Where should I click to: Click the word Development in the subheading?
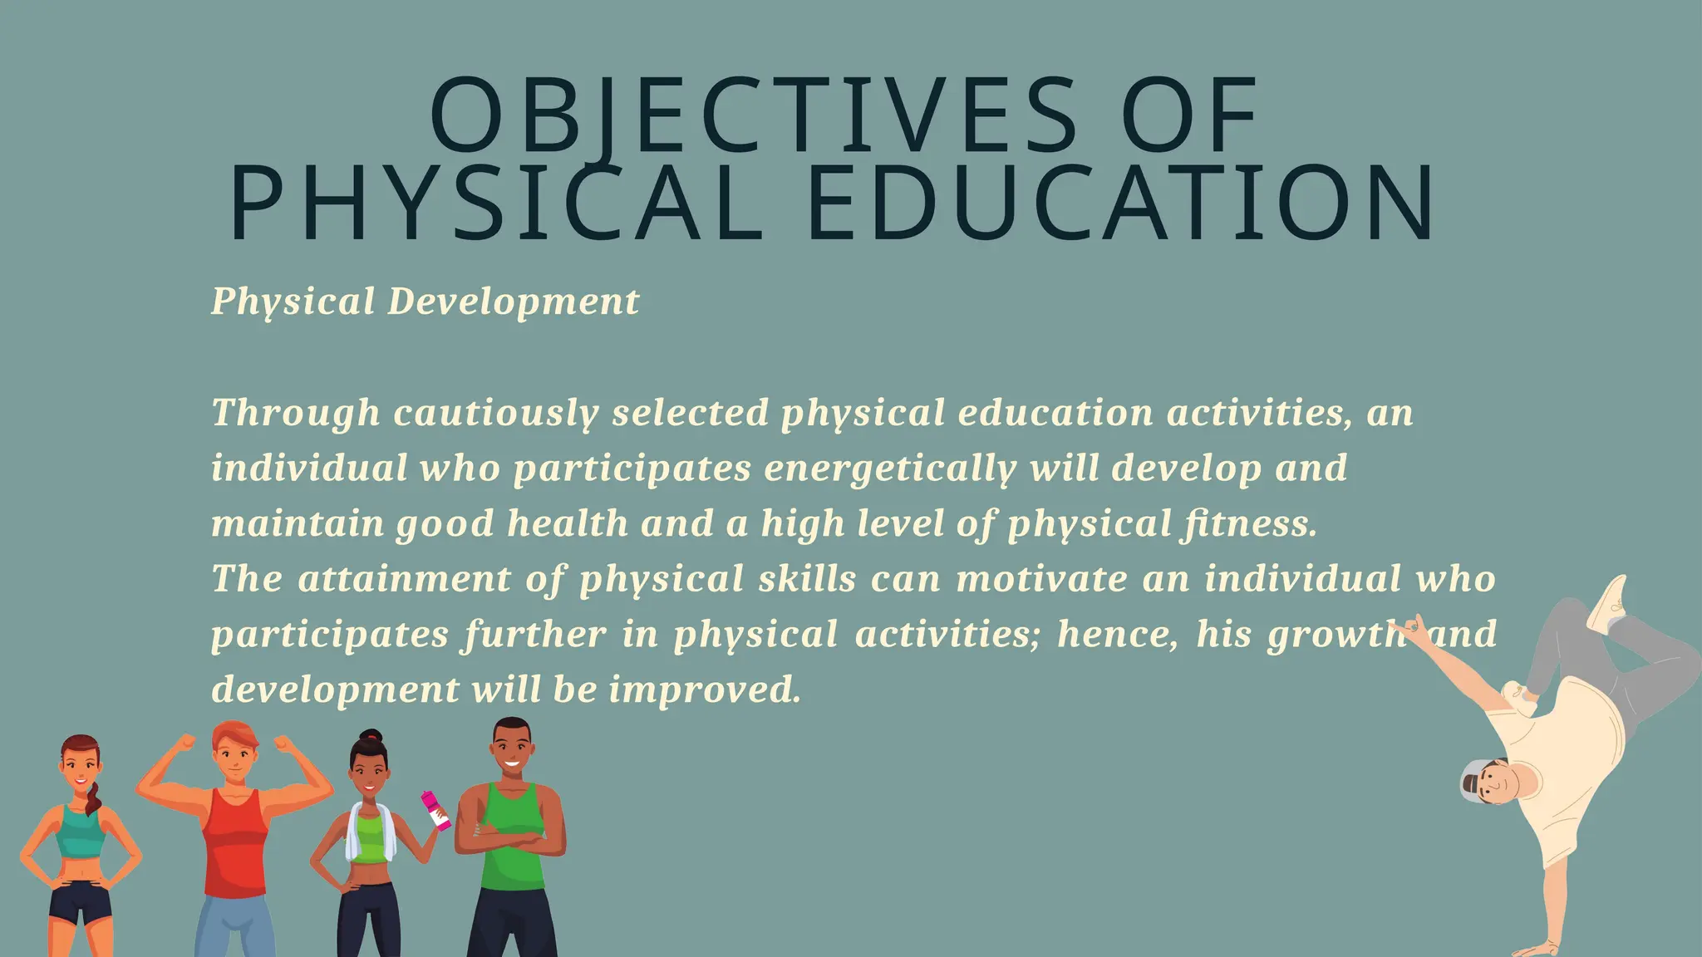(x=514, y=302)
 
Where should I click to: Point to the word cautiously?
(x=496, y=414)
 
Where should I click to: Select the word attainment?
(x=404, y=579)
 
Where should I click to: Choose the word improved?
(x=705, y=690)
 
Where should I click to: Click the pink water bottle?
(x=436, y=810)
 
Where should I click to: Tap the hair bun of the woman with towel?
(x=371, y=736)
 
